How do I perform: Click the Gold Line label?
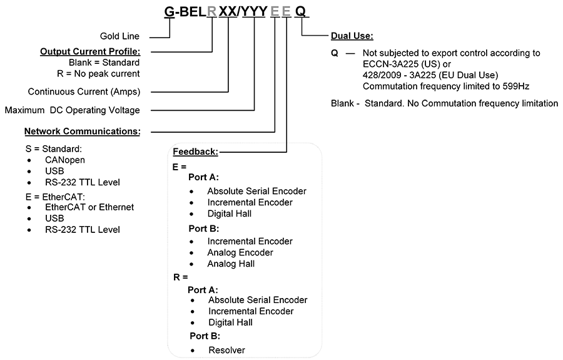click(x=119, y=36)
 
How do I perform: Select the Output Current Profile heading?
click(x=90, y=51)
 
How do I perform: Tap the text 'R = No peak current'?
click(x=98, y=74)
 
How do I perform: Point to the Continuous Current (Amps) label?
click(x=84, y=91)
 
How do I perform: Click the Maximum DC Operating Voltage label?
click(x=72, y=110)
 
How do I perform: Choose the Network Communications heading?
click(x=82, y=131)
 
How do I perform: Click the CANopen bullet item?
click(x=65, y=160)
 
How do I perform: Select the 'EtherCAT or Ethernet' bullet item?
click(x=89, y=207)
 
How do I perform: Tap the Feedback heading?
click(x=195, y=152)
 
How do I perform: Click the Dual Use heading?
click(x=352, y=36)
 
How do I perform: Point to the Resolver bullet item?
click(x=226, y=350)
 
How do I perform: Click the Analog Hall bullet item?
click(x=231, y=264)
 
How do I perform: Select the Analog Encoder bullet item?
click(x=240, y=252)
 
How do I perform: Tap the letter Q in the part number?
click(x=300, y=11)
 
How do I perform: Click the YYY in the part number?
click(x=254, y=11)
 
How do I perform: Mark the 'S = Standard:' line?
click(x=54, y=149)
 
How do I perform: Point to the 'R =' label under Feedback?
click(x=181, y=277)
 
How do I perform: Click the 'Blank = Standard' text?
click(x=104, y=63)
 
